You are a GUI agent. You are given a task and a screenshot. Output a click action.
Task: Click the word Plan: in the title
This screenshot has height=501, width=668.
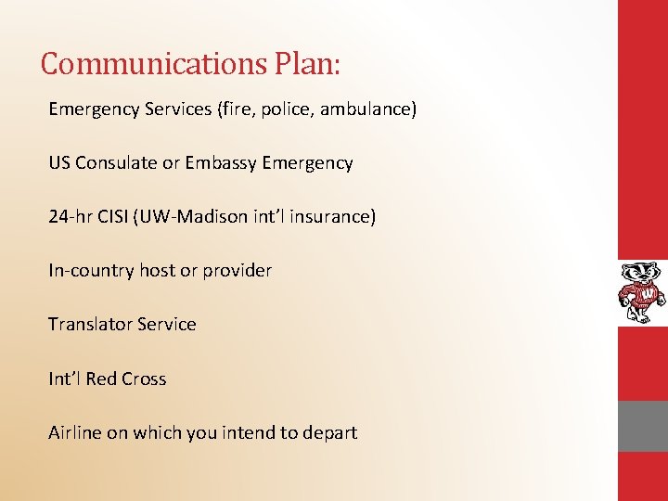coord(308,63)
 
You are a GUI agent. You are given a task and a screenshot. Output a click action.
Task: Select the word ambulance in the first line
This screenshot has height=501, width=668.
coord(370,109)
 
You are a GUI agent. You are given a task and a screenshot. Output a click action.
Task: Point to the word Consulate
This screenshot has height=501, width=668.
coord(117,163)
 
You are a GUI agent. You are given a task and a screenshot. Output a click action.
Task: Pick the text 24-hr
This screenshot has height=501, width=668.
coord(71,217)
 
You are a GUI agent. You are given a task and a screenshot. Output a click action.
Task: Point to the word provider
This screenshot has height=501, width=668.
coord(238,271)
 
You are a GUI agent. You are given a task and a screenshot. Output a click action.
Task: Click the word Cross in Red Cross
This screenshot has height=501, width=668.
coord(142,379)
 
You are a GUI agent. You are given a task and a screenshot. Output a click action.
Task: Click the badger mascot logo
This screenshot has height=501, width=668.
coord(642,292)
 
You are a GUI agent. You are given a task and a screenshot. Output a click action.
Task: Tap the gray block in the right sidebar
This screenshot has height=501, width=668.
coord(643,427)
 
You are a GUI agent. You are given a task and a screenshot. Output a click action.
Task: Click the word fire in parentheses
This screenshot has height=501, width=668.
coord(233,109)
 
